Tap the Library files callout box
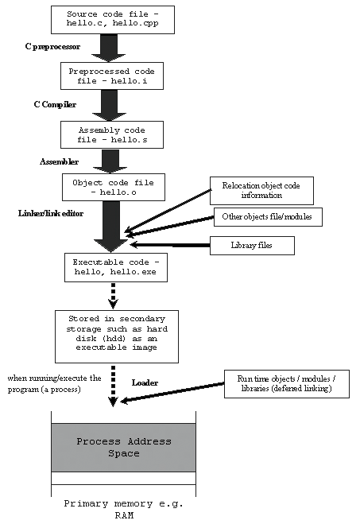[252, 246]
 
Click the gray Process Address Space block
[123, 447]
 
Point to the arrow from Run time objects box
[175, 390]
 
